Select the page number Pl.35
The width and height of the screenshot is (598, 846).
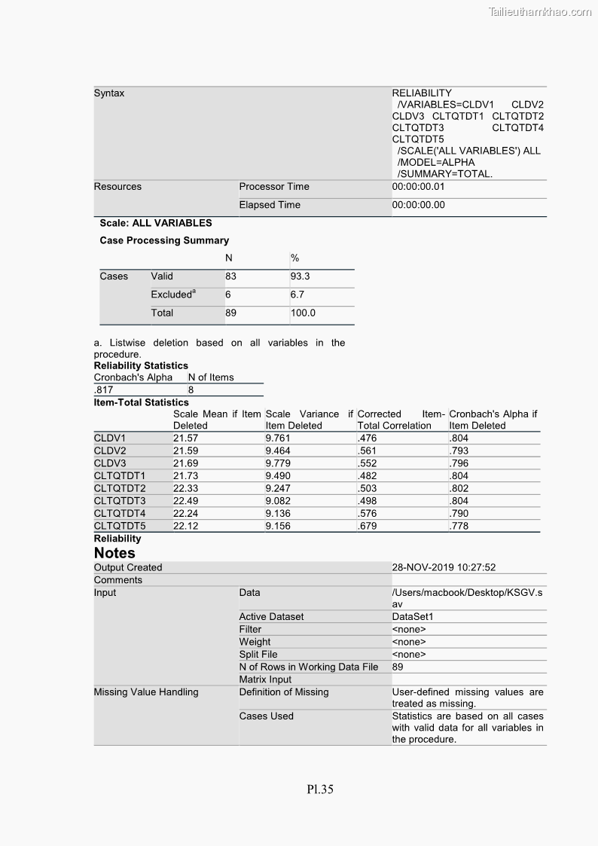[x=320, y=789]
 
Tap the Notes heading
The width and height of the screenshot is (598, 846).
[x=114, y=553]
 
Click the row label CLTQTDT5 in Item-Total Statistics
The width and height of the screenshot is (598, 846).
[x=120, y=526]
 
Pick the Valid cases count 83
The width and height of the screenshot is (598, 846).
[x=230, y=276]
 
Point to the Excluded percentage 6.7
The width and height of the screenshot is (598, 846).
[x=298, y=295]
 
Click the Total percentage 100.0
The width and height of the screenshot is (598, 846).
[x=303, y=313]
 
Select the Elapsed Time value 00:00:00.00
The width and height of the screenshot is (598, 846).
[x=419, y=205]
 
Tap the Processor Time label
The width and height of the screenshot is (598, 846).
[x=274, y=187]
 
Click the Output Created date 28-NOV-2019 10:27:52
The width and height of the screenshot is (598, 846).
[x=444, y=567]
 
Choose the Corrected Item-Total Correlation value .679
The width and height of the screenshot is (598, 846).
[x=367, y=526]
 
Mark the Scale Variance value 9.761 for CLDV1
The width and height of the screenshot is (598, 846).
[x=278, y=438]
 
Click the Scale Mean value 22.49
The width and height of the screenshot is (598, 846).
[x=185, y=501]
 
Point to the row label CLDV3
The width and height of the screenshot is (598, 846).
[x=110, y=463]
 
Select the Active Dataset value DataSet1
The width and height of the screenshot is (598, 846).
[x=413, y=617]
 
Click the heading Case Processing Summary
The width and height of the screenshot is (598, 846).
[x=164, y=240]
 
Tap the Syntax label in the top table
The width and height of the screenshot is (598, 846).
[x=109, y=93]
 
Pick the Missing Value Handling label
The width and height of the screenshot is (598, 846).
[x=146, y=692]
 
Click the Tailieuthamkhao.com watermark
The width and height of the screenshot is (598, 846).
[x=540, y=11]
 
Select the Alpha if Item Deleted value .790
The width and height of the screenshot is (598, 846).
[x=458, y=514]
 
